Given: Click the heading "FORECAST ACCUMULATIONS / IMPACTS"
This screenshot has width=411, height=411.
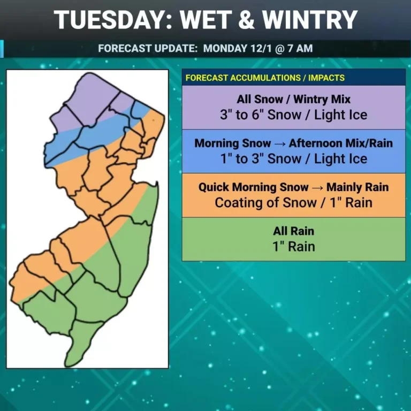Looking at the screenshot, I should tap(265, 78).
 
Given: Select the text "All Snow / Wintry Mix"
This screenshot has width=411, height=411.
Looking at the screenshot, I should tap(293, 100).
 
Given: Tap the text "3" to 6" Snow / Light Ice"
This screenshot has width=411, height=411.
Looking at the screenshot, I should tap(293, 115).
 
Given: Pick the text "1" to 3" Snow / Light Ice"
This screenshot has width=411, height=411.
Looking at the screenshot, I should tap(293, 158).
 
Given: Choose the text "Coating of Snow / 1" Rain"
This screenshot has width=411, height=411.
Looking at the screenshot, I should tap(293, 202).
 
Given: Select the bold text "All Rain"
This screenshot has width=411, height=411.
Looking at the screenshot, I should tap(293, 231).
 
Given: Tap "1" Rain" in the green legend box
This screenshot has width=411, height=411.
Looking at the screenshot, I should tap(293, 246).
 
